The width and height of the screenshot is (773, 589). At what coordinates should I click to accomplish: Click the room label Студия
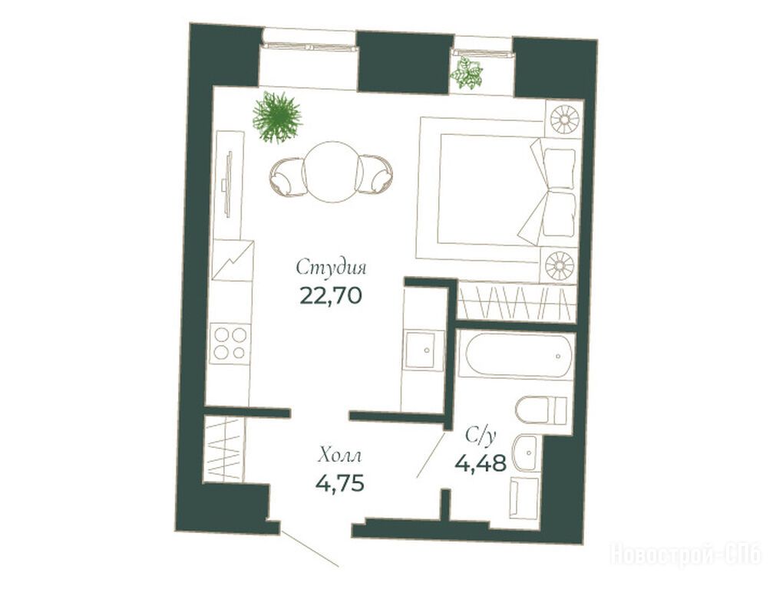pos(332,268)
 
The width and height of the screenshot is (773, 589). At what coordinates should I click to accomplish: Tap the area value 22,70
pos(332,295)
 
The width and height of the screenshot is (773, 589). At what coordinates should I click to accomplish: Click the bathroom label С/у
pos(480,436)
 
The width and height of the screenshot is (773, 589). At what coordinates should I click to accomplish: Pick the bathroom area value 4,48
pos(481,462)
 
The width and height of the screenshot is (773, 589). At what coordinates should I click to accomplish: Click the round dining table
pos(332,171)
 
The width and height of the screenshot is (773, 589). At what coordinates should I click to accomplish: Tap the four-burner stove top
pos(230,343)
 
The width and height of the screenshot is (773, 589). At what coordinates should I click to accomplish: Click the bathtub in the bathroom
pos(515,356)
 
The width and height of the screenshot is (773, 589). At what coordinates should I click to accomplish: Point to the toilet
pos(542,410)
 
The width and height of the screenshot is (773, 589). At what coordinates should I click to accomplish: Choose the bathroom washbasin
pos(527,452)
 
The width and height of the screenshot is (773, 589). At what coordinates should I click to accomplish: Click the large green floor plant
pos(277,117)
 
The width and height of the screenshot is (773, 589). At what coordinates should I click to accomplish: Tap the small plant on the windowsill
pos(466,73)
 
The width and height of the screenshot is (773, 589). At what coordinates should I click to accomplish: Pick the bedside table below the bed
pos(560,265)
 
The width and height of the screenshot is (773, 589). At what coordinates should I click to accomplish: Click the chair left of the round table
pos(286,176)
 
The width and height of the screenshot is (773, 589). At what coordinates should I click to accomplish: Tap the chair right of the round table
pos(376,174)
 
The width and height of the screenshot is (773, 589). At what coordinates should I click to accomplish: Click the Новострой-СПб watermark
pos(687,554)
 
